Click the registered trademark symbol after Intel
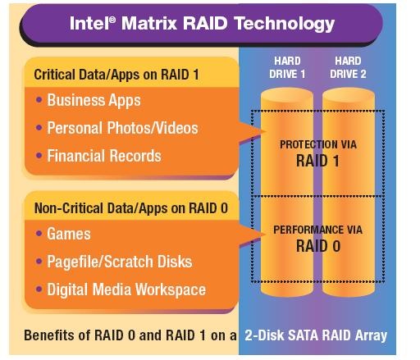point(112,19)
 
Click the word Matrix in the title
point(149,23)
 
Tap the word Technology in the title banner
point(285,24)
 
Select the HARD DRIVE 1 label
point(287,67)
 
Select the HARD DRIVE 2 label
point(348,67)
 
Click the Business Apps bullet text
point(94,100)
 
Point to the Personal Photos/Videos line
point(122,128)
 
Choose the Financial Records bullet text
point(104,156)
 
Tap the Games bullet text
point(69,234)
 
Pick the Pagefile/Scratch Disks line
point(120,262)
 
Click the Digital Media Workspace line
point(126,289)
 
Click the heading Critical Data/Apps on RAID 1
point(116,75)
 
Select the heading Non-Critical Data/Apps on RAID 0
point(131,208)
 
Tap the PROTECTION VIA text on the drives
point(318,144)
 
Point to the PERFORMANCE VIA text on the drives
point(318,230)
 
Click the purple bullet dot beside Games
point(39,233)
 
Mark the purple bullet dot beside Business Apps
point(39,99)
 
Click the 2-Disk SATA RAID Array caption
point(316,335)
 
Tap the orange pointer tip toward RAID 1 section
point(265,131)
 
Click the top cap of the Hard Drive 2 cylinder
point(349,95)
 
